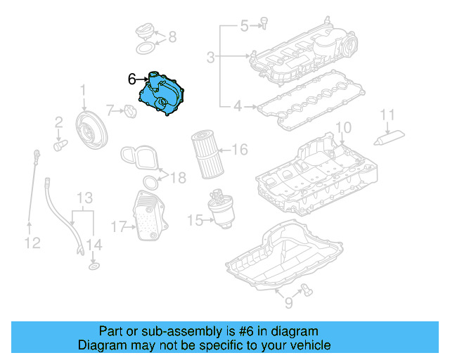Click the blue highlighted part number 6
[x=163, y=94]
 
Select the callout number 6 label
[x=131, y=79]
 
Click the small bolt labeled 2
[x=60, y=144]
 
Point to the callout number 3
[x=211, y=56]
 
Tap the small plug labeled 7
[x=129, y=110]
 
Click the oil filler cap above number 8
[x=145, y=31]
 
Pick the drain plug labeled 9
[x=306, y=286]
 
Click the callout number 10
[x=342, y=128]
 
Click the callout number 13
[x=84, y=198]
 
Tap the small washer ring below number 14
[x=93, y=267]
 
